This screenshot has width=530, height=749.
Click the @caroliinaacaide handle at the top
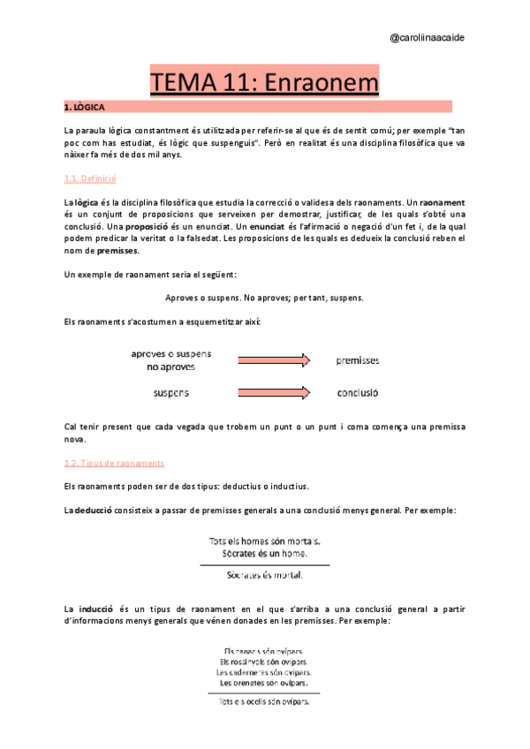[x=429, y=38]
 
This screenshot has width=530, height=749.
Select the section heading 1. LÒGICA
[x=85, y=107]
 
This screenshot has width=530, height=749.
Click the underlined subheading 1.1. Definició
[x=91, y=178]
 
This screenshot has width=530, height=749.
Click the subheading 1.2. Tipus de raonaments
[x=114, y=463]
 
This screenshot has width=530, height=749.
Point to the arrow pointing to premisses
[x=273, y=359]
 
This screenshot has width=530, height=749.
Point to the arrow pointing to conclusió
[x=273, y=390]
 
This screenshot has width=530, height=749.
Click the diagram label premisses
[x=358, y=360]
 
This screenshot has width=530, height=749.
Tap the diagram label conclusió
[x=358, y=391]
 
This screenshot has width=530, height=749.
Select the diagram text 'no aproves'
[x=171, y=366]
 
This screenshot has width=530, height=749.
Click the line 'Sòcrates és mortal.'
[x=264, y=575]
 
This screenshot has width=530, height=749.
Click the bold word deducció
[x=98, y=511]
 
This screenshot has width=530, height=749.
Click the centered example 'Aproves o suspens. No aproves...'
[x=264, y=298]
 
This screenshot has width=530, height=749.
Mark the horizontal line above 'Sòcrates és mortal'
[x=264, y=564]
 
